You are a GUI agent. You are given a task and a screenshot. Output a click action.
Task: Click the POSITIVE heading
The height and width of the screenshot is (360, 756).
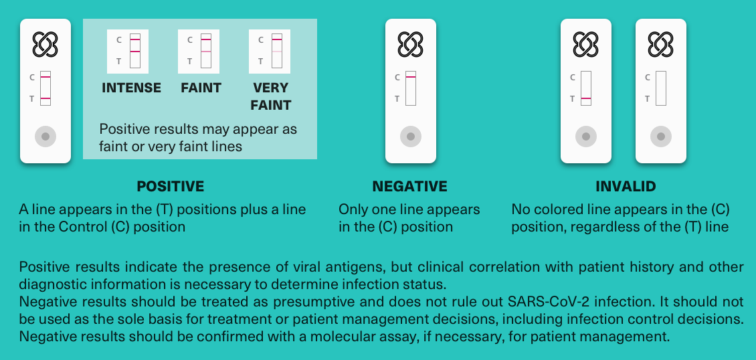tap(170, 186)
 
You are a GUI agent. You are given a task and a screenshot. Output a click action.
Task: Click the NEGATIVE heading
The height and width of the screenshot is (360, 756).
tap(410, 186)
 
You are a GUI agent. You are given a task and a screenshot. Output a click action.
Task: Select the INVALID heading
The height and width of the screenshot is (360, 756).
tap(626, 186)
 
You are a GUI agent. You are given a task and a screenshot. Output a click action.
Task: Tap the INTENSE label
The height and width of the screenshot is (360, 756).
tap(132, 88)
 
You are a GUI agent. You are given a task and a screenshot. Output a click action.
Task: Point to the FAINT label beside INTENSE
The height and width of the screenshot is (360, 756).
tap(201, 88)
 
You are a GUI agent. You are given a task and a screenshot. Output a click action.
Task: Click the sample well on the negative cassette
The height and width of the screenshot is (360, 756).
tap(411, 137)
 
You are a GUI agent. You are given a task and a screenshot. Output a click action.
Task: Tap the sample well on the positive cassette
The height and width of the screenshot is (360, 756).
tap(45, 137)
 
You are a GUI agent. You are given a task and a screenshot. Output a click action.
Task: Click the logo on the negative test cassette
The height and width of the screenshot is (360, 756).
tap(410, 44)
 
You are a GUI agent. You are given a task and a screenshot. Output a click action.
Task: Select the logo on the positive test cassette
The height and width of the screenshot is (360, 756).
tap(45, 44)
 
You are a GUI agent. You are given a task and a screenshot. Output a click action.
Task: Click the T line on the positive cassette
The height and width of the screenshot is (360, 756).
tap(45, 98)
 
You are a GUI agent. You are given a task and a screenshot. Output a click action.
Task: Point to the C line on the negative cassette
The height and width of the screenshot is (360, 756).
tap(411, 77)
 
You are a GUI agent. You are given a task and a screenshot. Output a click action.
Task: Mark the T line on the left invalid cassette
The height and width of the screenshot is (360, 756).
tap(586, 98)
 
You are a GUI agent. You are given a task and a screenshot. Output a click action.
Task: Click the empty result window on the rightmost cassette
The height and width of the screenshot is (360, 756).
tap(661, 88)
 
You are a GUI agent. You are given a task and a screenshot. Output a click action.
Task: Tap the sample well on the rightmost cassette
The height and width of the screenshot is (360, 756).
tap(661, 137)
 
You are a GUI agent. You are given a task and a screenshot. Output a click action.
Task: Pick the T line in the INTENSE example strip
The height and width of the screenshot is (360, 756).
tap(135, 51)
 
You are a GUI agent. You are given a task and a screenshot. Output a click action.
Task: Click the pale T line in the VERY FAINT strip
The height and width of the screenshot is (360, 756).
tap(277, 51)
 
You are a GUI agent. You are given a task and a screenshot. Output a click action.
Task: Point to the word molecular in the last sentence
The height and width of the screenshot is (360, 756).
tap(341, 337)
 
